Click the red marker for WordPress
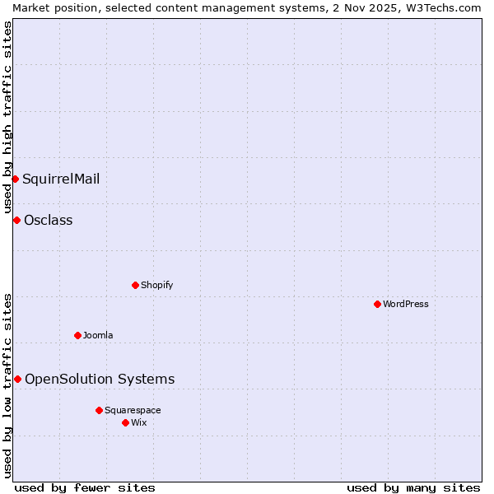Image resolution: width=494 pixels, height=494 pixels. (x=377, y=304)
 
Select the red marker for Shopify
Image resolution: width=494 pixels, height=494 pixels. (x=135, y=285)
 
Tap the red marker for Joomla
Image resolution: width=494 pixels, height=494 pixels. (x=77, y=335)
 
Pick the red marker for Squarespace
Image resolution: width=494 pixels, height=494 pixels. (x=99, y=410)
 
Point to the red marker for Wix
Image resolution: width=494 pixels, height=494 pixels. (x=125, y=422)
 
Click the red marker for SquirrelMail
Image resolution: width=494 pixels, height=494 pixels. (x=15, y=179)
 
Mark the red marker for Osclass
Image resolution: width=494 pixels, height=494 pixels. (x=16, y=220)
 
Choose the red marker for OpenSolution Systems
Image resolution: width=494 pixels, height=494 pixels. (x=17, y=379)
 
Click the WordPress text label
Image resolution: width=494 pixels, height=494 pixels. (x=405, y=304)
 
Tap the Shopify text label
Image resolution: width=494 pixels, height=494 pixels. (x=156, y=285)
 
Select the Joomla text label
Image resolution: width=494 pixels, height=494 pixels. (x=98, y=335)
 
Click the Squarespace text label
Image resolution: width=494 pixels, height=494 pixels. (x=133, y=410)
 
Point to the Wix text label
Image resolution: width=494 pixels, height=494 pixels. (x=138, y=422)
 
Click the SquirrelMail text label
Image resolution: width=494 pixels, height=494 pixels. (x=61, y=179)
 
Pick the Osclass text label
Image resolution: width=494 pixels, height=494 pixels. (x=49, y=220)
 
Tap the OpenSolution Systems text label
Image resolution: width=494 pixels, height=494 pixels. (x=100, y=379)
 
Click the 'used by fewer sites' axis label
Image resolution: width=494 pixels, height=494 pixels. (x=85, y=487)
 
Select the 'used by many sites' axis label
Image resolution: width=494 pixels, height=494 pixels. (x=413, y=487)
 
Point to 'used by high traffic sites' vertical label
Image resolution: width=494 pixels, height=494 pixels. (x=7, y=117)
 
